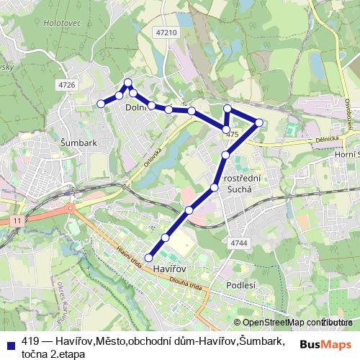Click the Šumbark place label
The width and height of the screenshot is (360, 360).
[x=79, y=143]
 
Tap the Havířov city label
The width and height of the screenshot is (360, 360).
[x=170, y=269]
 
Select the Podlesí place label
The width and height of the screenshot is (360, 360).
[x=240, y=285]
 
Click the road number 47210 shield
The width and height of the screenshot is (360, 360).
[x=166, y=33]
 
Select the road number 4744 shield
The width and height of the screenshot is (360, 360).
[x=239, y=243]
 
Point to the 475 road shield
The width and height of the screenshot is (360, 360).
[x=231, y=135]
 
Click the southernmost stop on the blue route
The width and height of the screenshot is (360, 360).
[x=150, y=258]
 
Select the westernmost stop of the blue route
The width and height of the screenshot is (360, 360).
[x=101, y=104]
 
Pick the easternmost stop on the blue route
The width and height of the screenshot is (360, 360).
[x=259, y=122]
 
